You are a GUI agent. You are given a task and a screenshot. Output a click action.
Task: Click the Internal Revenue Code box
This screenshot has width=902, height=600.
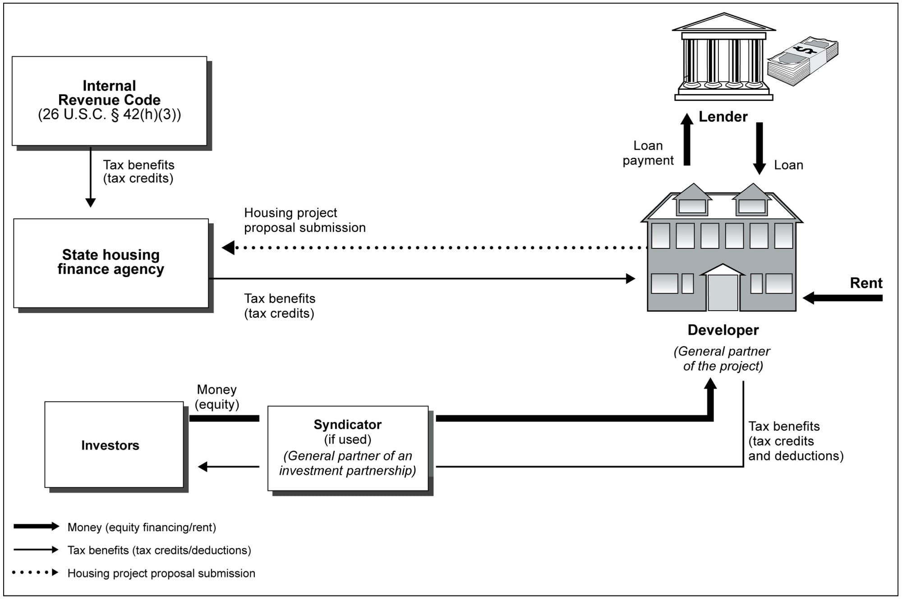click(109, 101)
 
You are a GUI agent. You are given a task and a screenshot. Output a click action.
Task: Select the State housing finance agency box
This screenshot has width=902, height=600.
click(111, 263)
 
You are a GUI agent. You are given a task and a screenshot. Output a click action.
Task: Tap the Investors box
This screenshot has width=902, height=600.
click(114, 444)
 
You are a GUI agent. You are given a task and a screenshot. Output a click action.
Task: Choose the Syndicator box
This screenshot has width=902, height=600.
click(348, 448)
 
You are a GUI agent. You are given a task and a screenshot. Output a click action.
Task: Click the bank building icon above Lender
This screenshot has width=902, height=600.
click(723, 57)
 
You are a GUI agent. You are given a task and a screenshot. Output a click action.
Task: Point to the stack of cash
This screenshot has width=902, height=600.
click(803, 60)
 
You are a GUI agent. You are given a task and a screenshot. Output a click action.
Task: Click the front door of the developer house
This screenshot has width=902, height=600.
click(723, 292)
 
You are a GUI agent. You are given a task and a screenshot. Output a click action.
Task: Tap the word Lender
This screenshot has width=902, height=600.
click(723, 117)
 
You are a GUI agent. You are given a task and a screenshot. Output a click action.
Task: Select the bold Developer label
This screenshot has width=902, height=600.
click(723, 330)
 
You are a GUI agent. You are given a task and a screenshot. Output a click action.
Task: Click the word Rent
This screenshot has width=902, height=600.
click(866, 283)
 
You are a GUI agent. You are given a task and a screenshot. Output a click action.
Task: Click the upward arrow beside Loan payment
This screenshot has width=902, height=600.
click(687, 140)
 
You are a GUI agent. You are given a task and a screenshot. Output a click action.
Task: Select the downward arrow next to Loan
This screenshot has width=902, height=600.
click(759, 148)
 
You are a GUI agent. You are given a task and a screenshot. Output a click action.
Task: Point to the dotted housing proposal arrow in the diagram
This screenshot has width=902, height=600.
click(433, 247)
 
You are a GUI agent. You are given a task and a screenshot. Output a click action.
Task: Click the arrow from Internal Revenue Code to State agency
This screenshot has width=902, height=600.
click(91, 177)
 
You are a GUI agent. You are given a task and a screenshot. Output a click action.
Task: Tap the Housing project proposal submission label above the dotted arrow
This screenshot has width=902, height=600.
click(304, 220)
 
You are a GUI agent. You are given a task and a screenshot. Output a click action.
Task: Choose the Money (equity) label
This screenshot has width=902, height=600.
click(217, 397)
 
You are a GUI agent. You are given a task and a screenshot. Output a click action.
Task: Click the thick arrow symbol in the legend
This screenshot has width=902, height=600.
click(37, 527)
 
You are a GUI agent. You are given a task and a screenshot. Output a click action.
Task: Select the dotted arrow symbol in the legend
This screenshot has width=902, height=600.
click(36, 573)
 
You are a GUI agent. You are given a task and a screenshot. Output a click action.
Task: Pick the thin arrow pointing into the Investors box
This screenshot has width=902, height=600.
click(229, 467)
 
